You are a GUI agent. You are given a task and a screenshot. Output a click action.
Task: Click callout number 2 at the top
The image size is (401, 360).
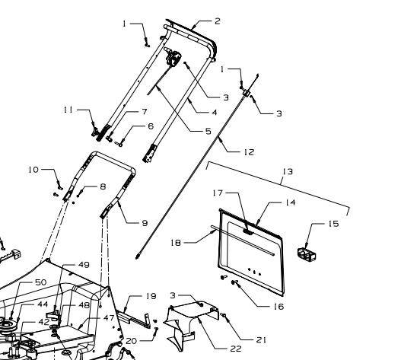[x=218, y=21]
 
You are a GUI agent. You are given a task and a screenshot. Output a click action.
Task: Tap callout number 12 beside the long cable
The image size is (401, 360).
[x=249, y=152]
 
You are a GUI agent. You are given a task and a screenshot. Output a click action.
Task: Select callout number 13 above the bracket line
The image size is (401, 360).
[x=288, y=171]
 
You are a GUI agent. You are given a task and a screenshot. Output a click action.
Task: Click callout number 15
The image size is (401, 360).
[x=333, y=224]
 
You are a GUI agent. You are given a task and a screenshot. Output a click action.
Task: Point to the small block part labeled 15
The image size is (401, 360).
[x=307, y=254]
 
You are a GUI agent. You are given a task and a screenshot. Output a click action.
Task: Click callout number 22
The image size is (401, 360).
[x=236, y=349]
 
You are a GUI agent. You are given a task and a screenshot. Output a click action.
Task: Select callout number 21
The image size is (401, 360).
[x=261, y=339]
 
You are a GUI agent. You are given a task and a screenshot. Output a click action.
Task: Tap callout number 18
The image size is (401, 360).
[x=176, y=243]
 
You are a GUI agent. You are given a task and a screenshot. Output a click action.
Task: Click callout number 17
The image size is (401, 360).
[x=218, y=193]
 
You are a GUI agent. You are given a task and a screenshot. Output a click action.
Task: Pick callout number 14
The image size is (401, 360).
[x=290, y=202]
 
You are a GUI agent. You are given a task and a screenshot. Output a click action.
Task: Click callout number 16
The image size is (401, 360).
[x=278, y=306]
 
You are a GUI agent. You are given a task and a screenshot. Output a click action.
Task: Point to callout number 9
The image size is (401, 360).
[x=145, y=223]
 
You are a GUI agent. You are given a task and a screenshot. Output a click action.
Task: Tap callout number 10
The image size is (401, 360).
[x=33, y=170]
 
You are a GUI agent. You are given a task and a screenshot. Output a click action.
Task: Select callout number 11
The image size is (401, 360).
[x=68, y=110]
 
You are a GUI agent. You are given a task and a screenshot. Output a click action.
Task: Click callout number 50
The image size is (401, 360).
[x=40, y=282]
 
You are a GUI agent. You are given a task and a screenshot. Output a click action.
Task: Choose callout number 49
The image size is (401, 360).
[x=84, y=265]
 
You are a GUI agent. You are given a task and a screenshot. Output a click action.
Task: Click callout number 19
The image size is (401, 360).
[x=151, y=296]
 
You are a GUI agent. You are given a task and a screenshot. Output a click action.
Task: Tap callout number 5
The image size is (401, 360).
[x=208, y=131]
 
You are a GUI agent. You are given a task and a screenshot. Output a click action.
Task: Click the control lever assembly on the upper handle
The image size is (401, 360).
[x=173, y=58]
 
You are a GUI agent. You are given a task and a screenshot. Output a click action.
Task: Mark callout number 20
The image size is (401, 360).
[x=131, y=341]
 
